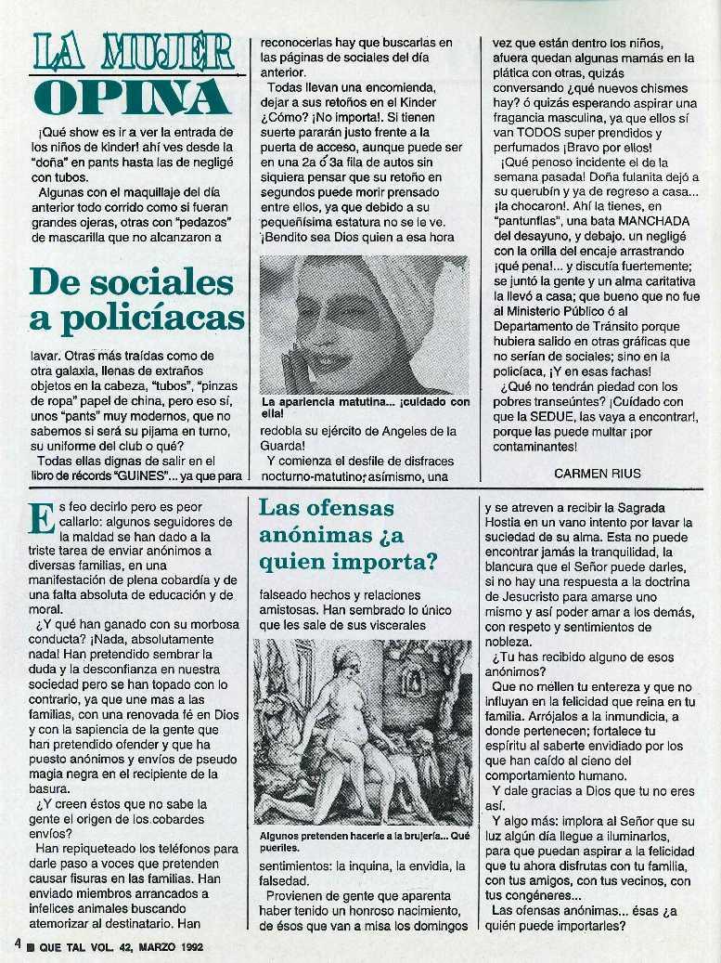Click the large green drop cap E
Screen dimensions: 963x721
point(40,518)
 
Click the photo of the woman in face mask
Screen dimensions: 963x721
point(364,325)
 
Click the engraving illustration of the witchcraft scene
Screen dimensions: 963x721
point(363,732)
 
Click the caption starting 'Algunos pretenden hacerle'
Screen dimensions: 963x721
point(363,840)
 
